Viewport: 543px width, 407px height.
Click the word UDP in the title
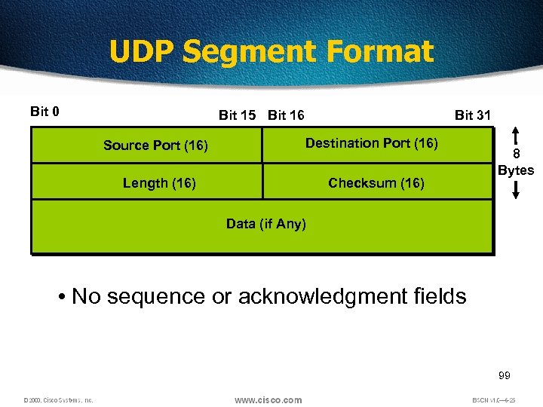142,52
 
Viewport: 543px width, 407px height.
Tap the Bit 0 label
45,112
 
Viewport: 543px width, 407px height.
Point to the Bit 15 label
238,115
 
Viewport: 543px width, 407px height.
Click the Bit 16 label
287,115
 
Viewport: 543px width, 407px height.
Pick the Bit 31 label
473,115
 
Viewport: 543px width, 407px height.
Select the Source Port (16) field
155,145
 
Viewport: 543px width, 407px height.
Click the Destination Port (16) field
371,143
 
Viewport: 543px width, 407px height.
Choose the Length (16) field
159,183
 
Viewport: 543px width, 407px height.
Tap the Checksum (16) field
376,183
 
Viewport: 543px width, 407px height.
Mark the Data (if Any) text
266,224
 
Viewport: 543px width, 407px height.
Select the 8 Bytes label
516,163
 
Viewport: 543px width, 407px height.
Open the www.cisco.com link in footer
268,399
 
